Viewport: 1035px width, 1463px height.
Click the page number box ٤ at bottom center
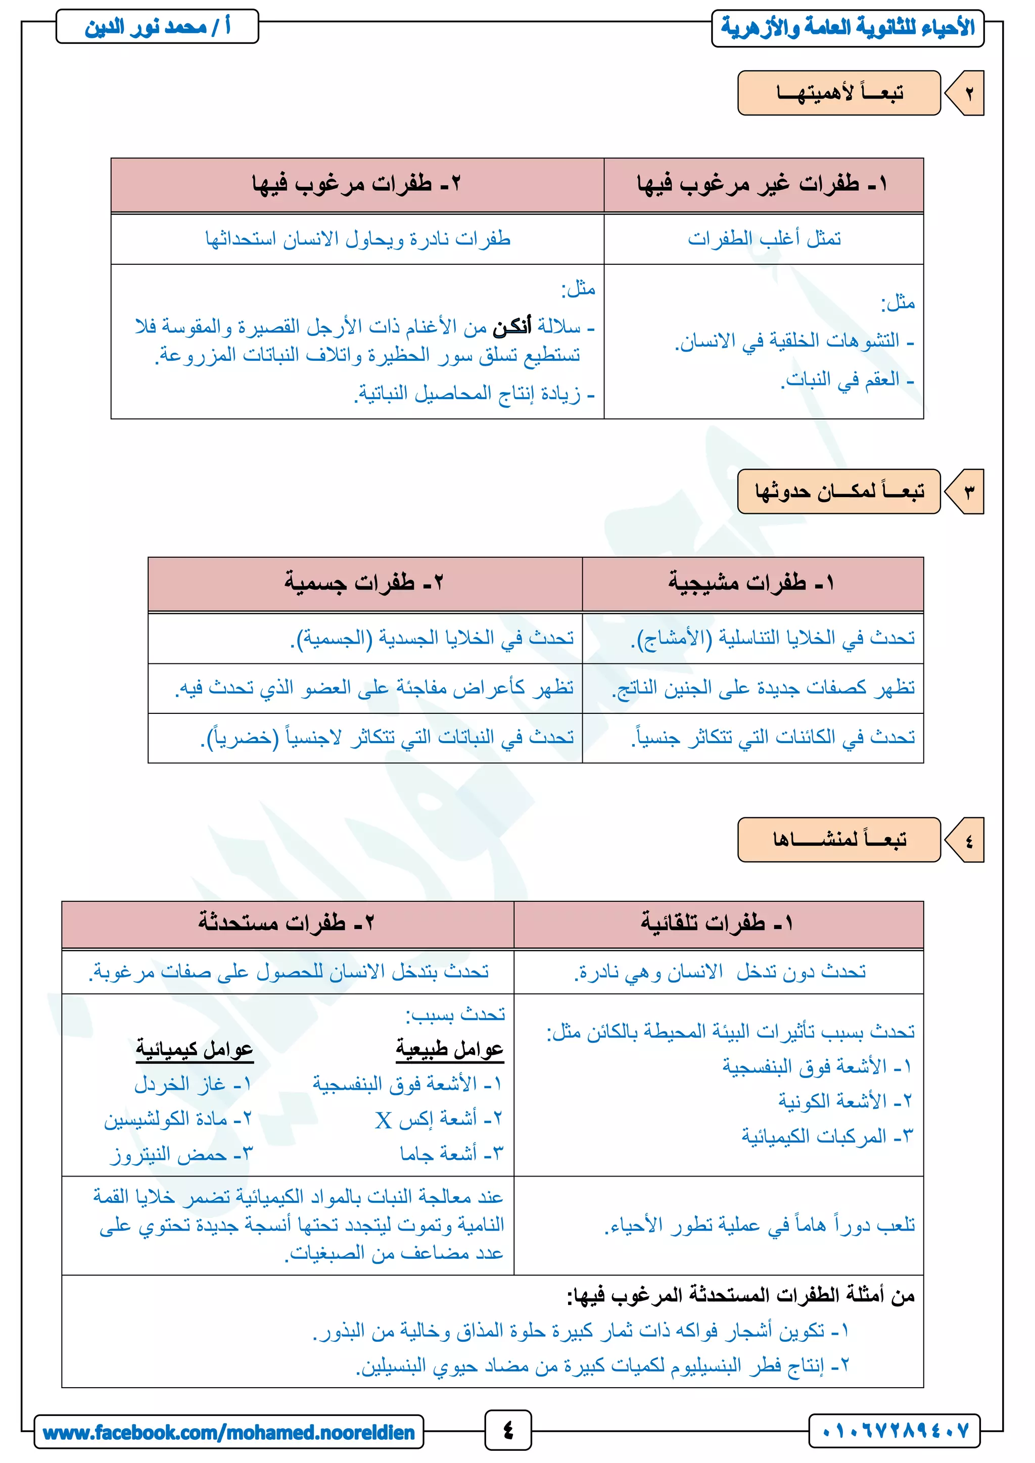click(508, 1431)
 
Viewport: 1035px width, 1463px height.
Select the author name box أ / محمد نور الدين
click(157, 27)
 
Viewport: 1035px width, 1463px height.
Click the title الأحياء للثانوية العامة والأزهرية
click(847, 28)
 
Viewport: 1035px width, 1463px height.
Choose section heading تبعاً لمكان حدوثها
click(839, 491)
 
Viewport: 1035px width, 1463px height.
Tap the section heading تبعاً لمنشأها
click(839, 840)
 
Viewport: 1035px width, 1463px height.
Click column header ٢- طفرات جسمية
click(364, 583)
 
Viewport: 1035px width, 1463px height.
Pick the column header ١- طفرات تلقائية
click(717, 922)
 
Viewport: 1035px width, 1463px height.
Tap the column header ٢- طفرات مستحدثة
click(286, 922)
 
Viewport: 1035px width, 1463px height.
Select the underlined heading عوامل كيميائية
click(195, 1049)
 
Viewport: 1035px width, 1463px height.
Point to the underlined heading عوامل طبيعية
click(449, 1049)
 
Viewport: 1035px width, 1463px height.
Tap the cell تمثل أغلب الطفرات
click(764, 239)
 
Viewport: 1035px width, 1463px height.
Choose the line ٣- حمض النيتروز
click(182, 1153)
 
